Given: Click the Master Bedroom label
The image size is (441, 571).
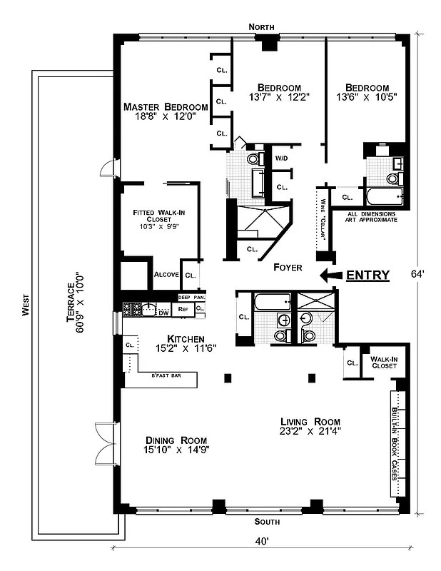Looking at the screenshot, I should pos(159,107).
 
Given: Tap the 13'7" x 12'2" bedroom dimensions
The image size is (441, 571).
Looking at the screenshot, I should pos(279,97).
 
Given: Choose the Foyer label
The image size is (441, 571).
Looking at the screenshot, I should pos(288,267).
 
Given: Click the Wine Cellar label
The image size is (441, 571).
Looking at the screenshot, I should pos(323,221).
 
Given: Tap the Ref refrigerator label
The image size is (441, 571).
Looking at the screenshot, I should pos(183,310).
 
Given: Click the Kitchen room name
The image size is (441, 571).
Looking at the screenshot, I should pos(186,338).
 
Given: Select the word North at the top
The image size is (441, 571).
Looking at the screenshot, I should pos(261,26).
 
